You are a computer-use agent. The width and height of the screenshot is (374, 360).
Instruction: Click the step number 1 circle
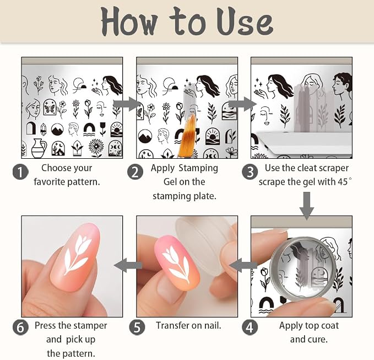tap(20, 172)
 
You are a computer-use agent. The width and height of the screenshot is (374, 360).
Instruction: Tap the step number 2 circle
tap(135, 172)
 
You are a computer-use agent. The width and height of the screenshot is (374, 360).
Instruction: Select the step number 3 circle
tap(250, 172)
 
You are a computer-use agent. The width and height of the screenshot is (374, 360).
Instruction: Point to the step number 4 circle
tap(250, 327)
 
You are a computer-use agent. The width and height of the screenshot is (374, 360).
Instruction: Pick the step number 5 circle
tap(137, 327)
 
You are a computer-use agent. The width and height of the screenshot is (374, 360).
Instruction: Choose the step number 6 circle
tap(20, 327)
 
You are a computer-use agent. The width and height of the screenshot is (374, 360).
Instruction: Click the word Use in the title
tap(245, 22)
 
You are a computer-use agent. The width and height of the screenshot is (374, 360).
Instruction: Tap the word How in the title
tap(129, 22)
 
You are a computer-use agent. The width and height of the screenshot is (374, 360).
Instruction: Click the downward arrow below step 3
tap(307, 206)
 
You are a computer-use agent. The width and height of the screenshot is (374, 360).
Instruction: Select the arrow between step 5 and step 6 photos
tap(128, 265)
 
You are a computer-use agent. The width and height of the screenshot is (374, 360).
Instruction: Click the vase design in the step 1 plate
tap(39, 148)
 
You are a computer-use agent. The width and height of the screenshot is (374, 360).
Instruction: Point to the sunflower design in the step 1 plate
tap(96, 148)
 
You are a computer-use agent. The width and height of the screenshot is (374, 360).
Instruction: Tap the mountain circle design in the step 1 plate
tap(57, 130)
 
